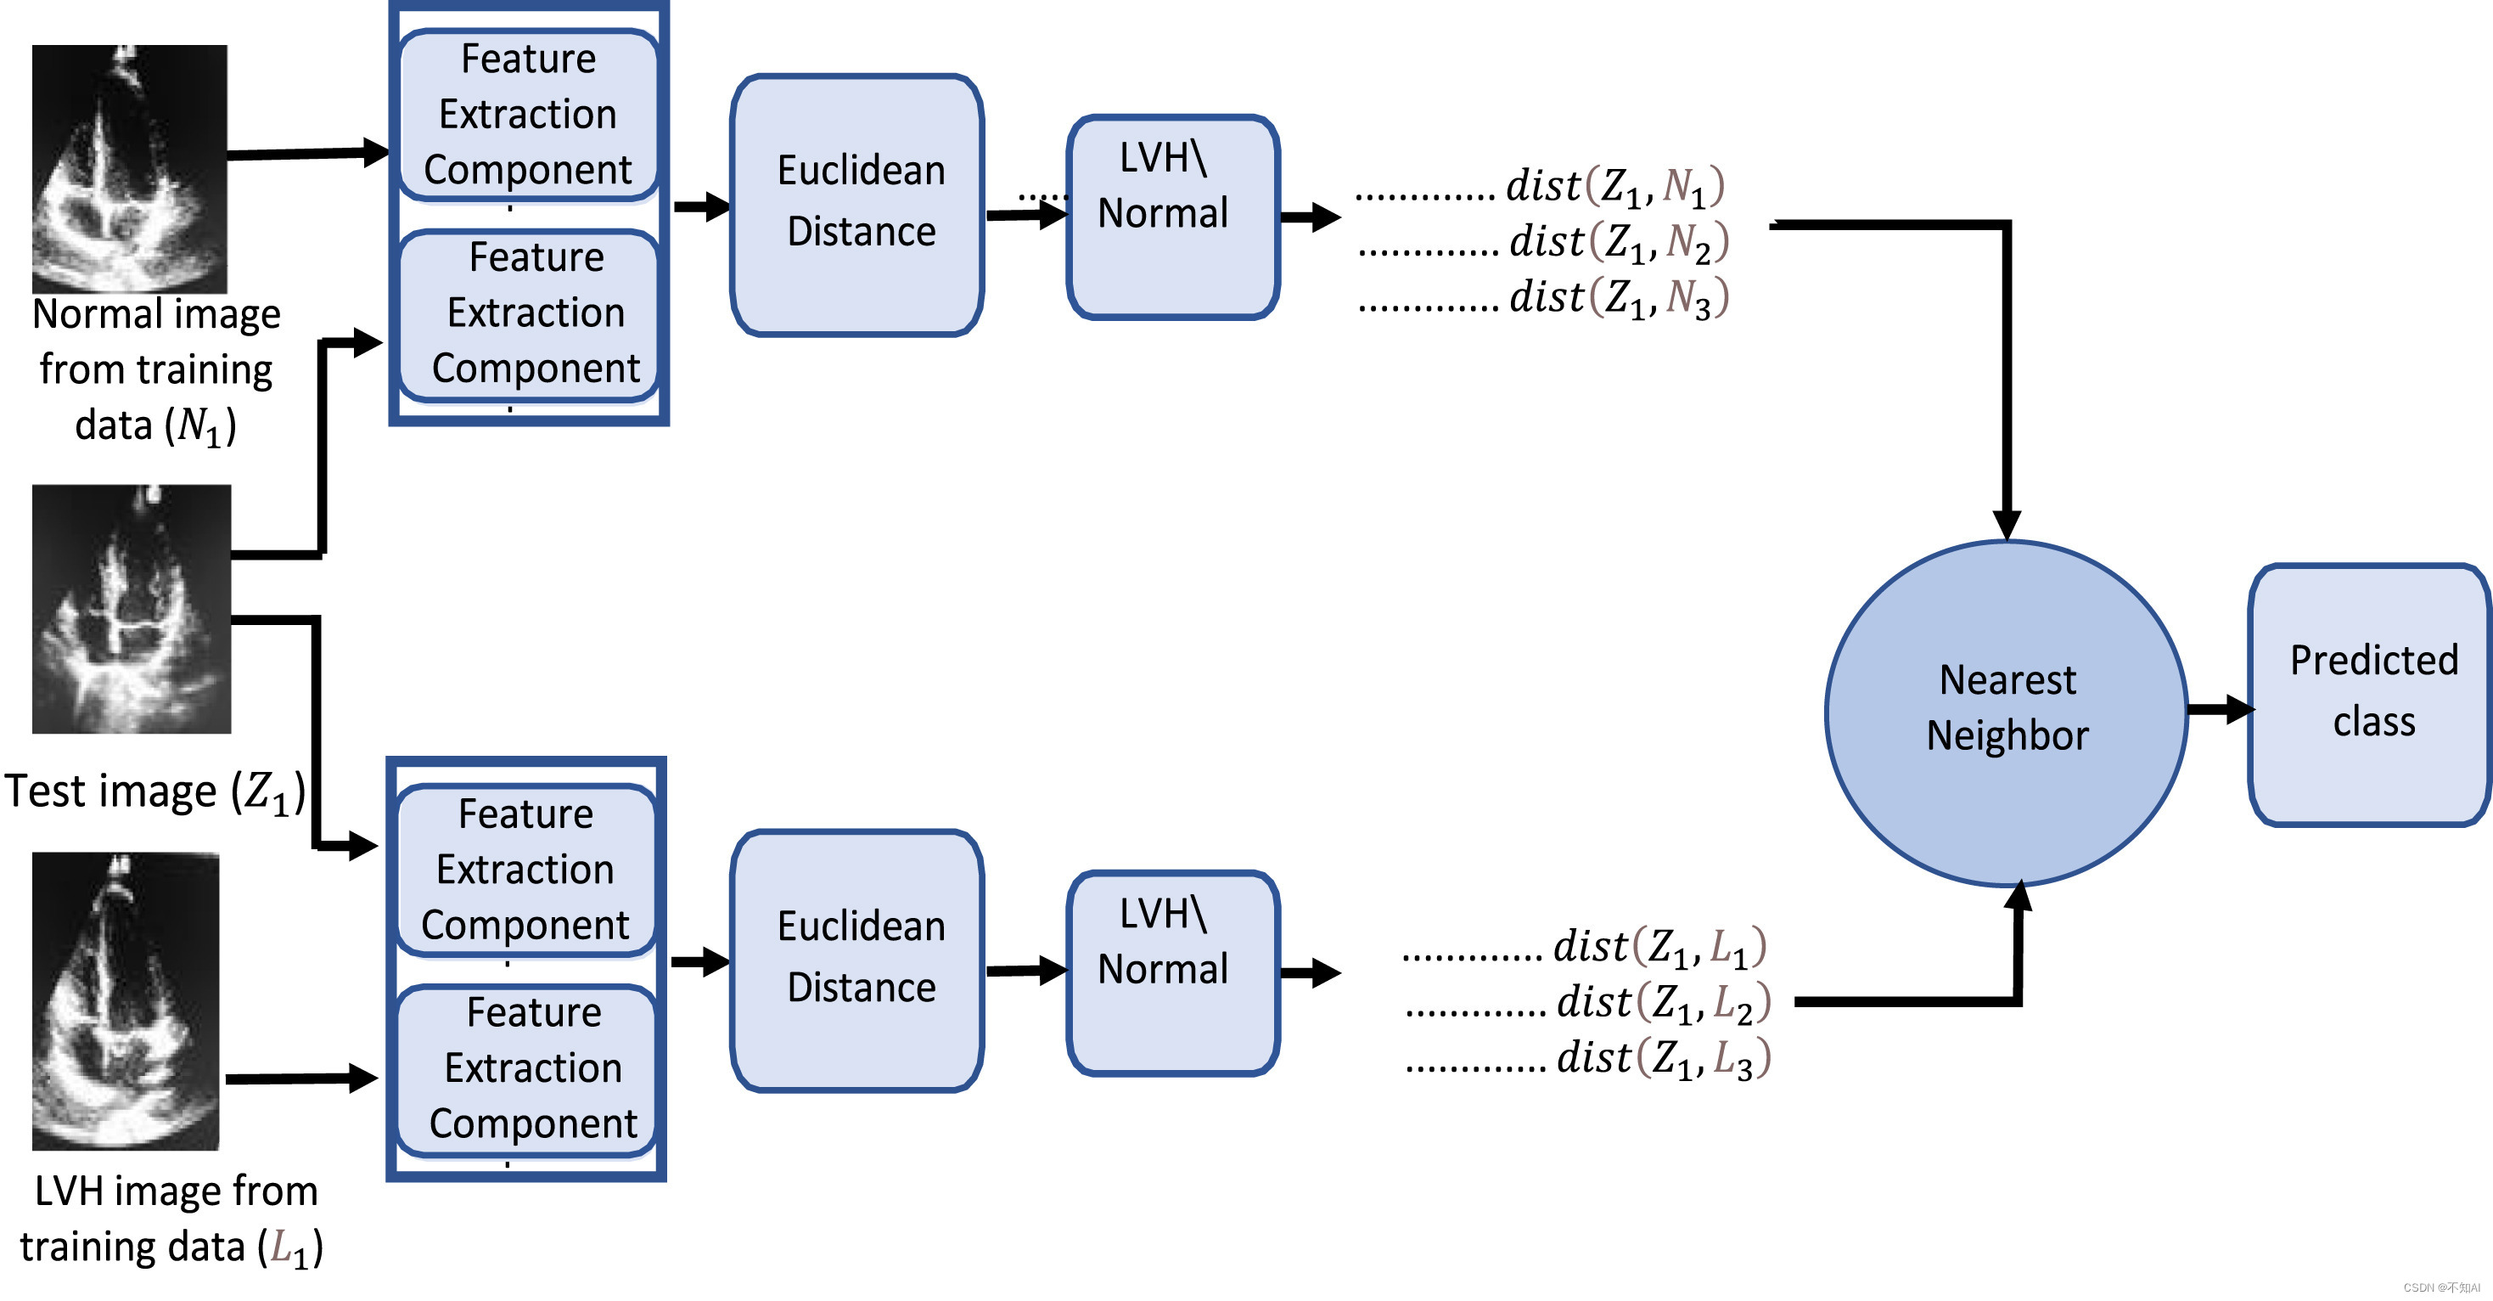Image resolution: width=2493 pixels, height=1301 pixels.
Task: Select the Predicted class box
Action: pyautogui.click(x=2371, y=693)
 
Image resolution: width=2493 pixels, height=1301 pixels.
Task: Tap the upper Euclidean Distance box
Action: pyautogui.click(x=857, y=205)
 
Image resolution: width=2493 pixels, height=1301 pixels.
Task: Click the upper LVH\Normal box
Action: pyautogui.click(x=1173, y=216)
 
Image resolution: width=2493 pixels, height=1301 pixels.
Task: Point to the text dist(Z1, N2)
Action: pyautogui.click(x=1618, y=243)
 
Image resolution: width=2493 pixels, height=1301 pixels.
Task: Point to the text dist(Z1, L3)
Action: pyautogui.click(x=1663, y=1059)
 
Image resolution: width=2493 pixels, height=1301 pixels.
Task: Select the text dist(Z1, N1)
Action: pyautogui.click(x=1614, y=187)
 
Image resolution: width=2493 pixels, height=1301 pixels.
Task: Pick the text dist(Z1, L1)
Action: pyautogui.click(x=1659, y=948)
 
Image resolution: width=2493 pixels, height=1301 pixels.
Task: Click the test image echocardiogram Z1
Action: pyautogui.click(x=132, y=609)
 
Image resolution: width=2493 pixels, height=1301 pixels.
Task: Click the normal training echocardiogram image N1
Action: pyautogui.click(x=130, y=168)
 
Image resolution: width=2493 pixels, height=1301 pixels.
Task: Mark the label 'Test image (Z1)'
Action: pyautogui.click(x=154, y=791)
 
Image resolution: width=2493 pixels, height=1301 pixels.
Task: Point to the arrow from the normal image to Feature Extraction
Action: pyautogui.click(x=308, y=153)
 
